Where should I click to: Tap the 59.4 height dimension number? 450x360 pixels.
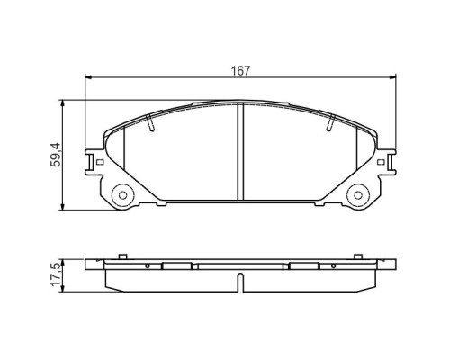pyautogui.click(x=55, y=156)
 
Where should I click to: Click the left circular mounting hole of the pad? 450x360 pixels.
pyautogui.click(x=120, y=194)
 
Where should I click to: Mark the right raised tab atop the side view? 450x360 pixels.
pyautogui.click(x=302, y=266)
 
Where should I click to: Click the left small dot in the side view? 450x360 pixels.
pyautogui.click(x=146, y=267)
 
